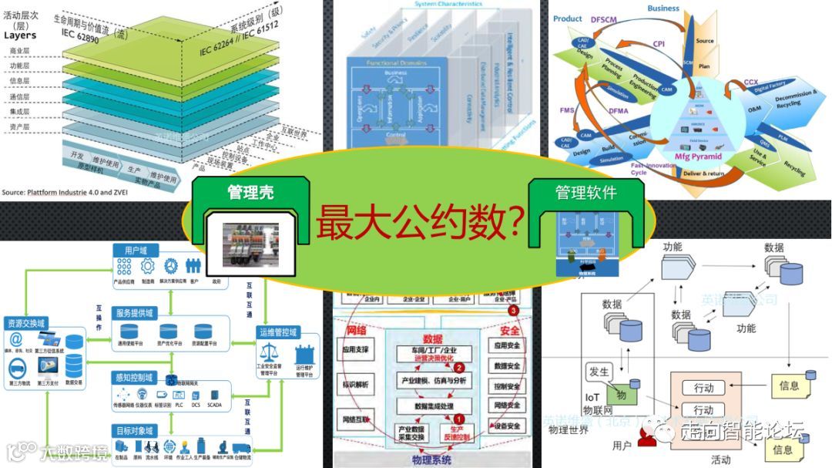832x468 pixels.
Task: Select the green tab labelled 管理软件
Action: pyautogui.click(x=585, y=192)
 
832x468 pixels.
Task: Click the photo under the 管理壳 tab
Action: pyautogui.click(x=250, y=245)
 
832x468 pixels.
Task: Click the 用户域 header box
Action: pyautogui.click(x=136, y=250)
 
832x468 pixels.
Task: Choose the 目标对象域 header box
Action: pyautogui.click(x=136, y=430)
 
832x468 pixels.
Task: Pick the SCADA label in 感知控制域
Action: pyautogui.click(x=214, y=403)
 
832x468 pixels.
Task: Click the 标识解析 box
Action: pyautogui.click(x=357, y=383)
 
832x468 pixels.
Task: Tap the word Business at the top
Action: pyautogui.click(x=663, y=8)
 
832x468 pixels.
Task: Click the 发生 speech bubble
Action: pyautogui.click(x=600, y=372)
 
